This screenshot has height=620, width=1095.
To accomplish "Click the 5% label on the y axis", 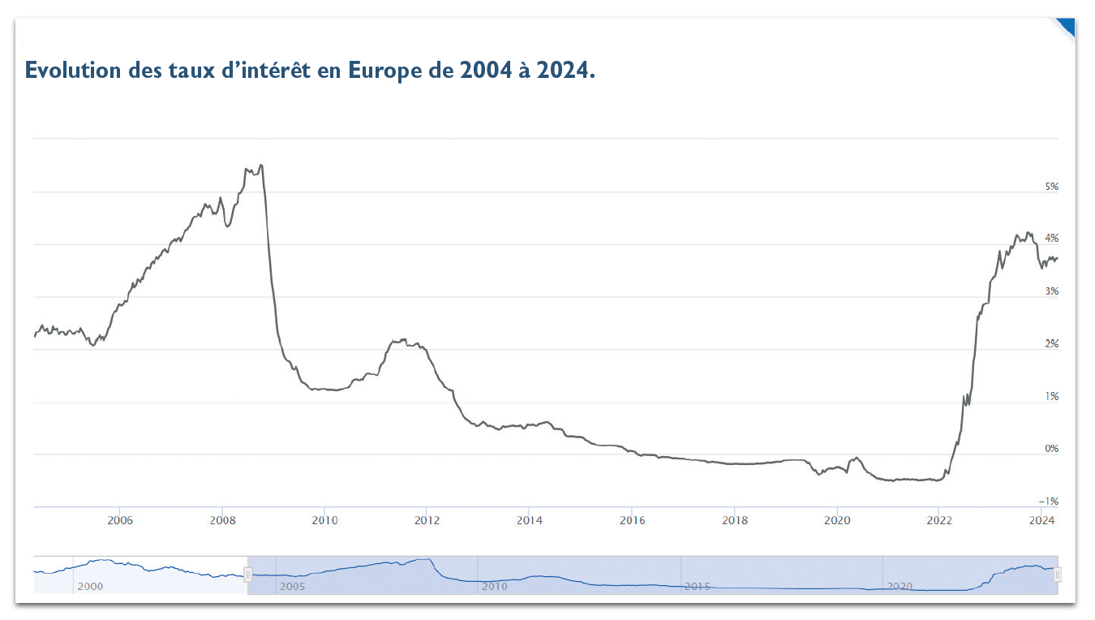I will point(1051,187).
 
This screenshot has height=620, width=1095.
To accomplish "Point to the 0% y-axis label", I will point(1051,449).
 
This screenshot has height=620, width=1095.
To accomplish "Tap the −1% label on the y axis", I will point(1049,502).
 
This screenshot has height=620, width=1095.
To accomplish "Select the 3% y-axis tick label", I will point(1051,291).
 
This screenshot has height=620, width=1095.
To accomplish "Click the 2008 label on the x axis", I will point(222,520).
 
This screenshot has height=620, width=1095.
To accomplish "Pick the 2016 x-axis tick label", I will point(632,520).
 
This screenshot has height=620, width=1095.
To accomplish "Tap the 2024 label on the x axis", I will point(1041,520).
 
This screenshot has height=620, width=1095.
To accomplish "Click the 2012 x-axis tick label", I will point(427,520).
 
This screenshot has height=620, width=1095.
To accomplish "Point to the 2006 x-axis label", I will point(120,520).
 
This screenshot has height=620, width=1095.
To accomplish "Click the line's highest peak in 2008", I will point(260,166).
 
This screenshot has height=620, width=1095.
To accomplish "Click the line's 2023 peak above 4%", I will point(1028,233).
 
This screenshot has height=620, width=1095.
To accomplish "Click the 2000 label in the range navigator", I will point(90,585).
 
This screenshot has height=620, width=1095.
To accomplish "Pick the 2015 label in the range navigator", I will point(697,585).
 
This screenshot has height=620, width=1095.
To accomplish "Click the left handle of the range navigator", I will point(248,575).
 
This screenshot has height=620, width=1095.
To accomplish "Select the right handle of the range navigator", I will point(1058,575).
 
